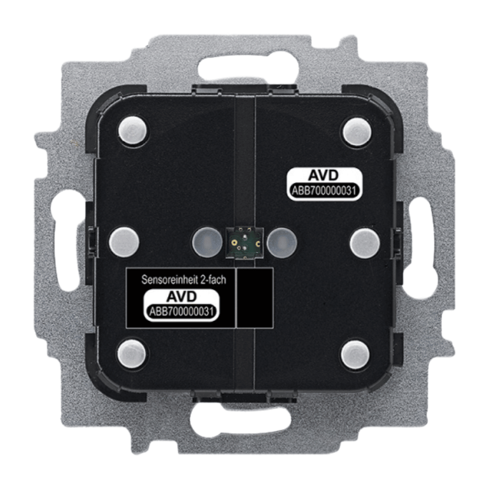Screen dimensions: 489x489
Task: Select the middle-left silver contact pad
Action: pyautogui.click(x=124, y=242)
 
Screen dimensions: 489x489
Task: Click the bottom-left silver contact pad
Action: pyautogui.click(x=133, y=354)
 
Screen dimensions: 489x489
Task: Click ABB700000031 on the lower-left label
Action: pyautogui.click(x=181, y=312)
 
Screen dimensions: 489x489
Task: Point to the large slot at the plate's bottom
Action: pyautogui.click(x=244, y=422)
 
